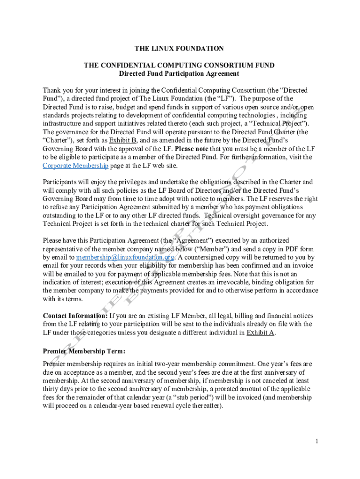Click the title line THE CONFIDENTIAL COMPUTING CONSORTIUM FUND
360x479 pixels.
(x=179, y=65)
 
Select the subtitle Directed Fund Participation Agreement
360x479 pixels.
(x=179, y=73)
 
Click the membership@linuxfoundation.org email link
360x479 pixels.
(x=125, y=257)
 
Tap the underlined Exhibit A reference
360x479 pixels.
(x=260, y=333)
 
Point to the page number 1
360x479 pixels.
(x=317, y=441)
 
